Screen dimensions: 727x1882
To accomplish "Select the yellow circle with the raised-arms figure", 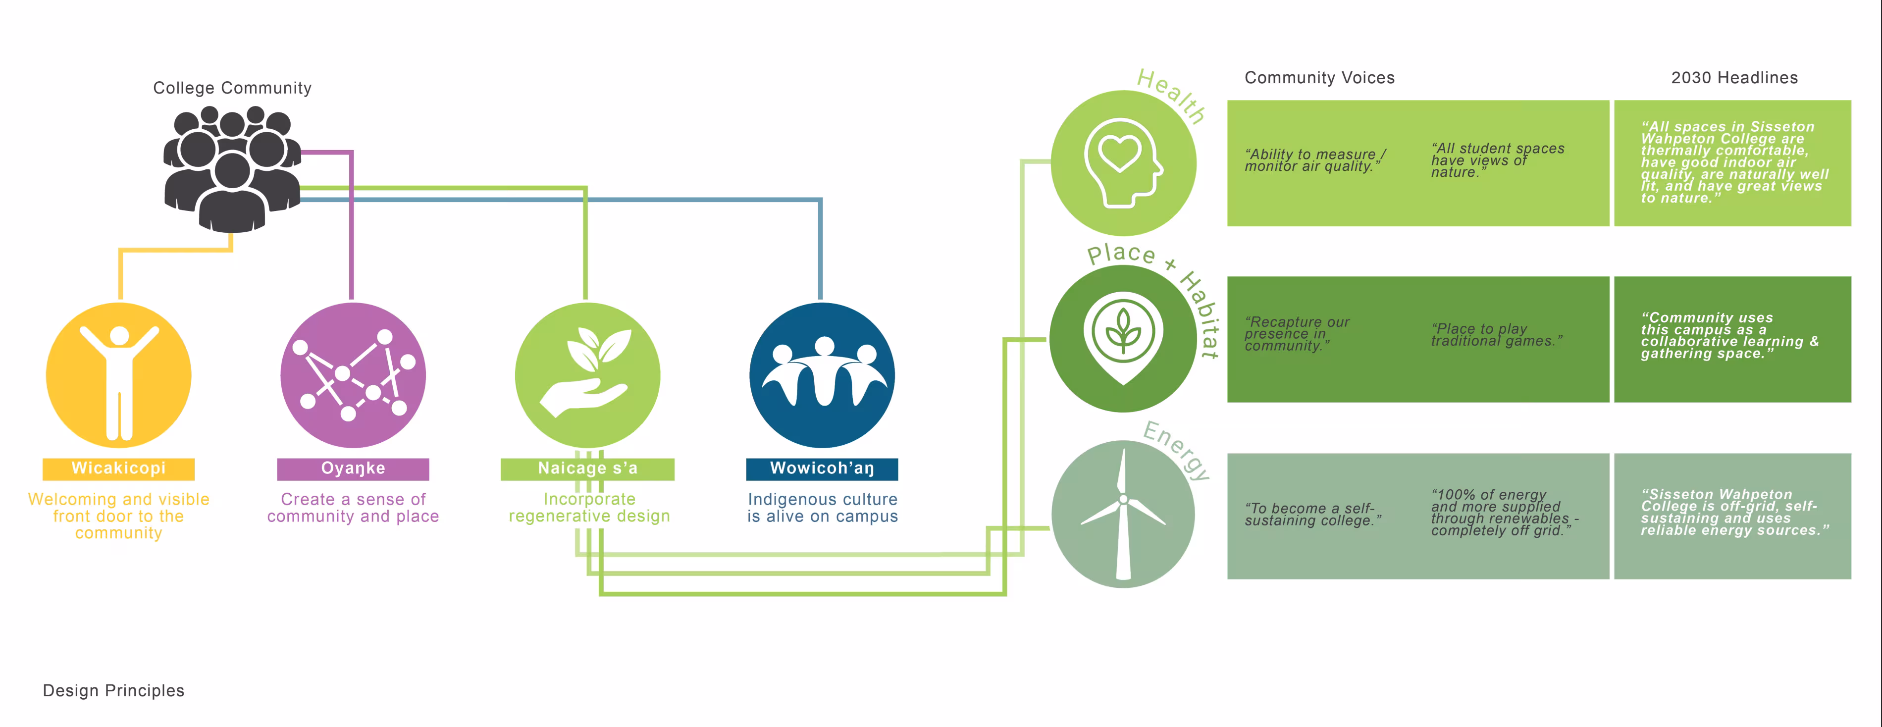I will click(x=119, y=375).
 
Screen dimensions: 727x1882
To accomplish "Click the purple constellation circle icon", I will click(x=353, y=375).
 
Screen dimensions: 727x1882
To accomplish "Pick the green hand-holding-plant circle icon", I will click(x=587, y=375).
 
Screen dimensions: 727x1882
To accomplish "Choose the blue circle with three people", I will click(x=822, y=375).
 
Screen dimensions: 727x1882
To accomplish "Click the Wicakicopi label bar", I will click(x=118, y=468).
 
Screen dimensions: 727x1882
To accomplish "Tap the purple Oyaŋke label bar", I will click(x=353, y=468).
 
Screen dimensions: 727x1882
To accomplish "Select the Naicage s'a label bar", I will click(x=587, y=468).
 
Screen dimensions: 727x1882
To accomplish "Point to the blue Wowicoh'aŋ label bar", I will click(x=822, y=468).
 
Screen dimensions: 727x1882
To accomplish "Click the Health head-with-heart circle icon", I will click(x=1123, y=163).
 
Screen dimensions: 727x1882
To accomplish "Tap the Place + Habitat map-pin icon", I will click(x=1123, y=338).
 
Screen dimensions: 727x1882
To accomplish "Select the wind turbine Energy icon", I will click(x=1123, y=514).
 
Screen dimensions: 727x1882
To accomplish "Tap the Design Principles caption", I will click(x=114, y=690).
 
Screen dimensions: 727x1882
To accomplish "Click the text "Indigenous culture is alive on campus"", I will click(x=822, y=508).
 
